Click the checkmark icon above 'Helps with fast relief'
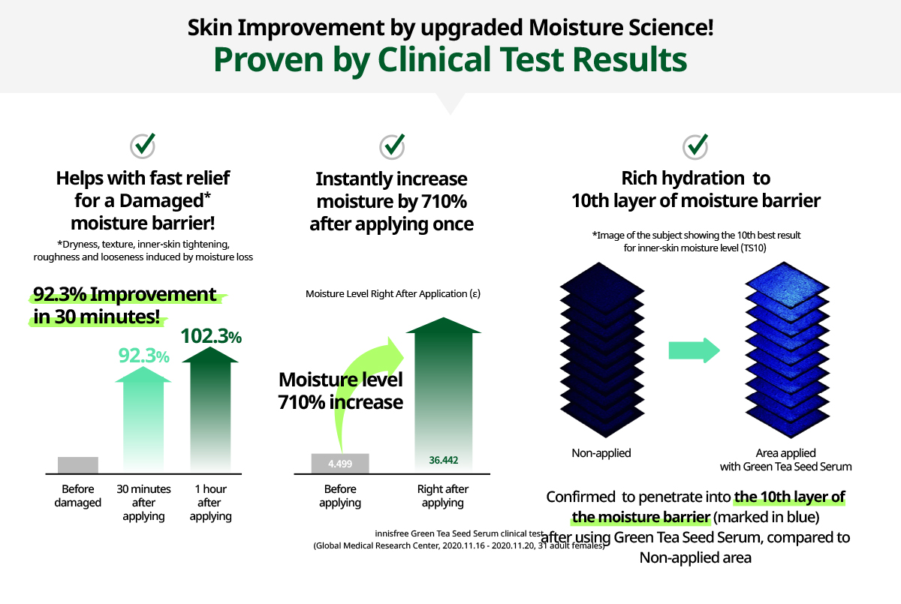[x=143, y=146]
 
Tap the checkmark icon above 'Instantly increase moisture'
[x=392, y=146]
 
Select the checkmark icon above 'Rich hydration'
[x=695, y=146]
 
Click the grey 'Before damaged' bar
[x=78, y=465]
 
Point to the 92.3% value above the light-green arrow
[x=143, y=356]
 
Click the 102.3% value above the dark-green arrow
[x=211, y=336]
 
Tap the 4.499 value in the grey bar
[x=340, y=464]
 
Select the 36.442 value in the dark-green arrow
[x=443, y=460]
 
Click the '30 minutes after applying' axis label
[x=143, y=502]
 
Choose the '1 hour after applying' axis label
[x=210, y=502]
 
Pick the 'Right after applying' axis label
[x=443, y=495]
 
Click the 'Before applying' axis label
[x=340, y=495]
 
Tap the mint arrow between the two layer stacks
[x=695, y=350]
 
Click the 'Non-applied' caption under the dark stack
[x=601, y=453]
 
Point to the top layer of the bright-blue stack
[x=787, y=284]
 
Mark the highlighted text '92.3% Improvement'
[x=125, y=294]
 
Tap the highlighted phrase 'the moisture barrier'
[x=640, y=517]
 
